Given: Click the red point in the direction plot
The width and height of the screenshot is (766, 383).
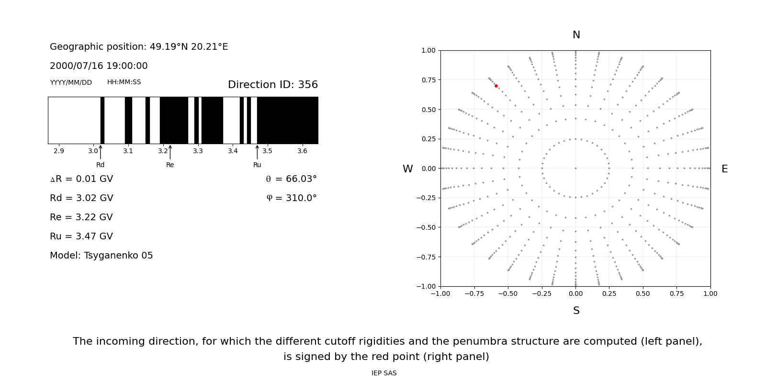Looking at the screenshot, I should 496,86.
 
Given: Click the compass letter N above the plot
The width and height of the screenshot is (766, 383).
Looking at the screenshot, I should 576,35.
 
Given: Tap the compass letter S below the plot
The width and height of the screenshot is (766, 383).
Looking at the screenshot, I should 576,311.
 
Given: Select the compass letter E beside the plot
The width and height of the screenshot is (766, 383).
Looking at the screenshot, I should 724,169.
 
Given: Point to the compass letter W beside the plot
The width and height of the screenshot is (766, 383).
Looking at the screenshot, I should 407,169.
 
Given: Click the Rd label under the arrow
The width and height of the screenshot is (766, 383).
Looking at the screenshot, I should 100,165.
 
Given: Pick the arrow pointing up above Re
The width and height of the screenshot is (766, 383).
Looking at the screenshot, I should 170,152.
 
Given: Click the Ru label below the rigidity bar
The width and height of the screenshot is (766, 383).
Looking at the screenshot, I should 257,165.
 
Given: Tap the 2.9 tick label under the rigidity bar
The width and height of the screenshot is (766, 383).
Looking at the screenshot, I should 58,151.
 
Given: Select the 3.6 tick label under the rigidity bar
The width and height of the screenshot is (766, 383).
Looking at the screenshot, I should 302,151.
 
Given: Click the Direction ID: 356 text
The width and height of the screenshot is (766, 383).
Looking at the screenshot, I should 272,85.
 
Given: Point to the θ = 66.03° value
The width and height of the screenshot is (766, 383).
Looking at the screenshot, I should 291,179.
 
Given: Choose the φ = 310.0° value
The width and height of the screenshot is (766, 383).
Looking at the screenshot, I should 292,198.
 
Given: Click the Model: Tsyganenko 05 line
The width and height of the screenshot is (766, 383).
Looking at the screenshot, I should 101,256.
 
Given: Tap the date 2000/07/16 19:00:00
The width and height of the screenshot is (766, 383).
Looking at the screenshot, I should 99,66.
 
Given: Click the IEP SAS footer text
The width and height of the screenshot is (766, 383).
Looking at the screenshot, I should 383,373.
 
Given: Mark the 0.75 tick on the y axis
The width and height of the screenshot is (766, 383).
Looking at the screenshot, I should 428,80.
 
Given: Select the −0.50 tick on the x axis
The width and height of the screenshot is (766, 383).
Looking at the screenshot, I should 508,293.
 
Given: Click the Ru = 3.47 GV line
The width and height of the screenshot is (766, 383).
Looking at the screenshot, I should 81,237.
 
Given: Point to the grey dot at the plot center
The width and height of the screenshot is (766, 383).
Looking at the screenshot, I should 575,168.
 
